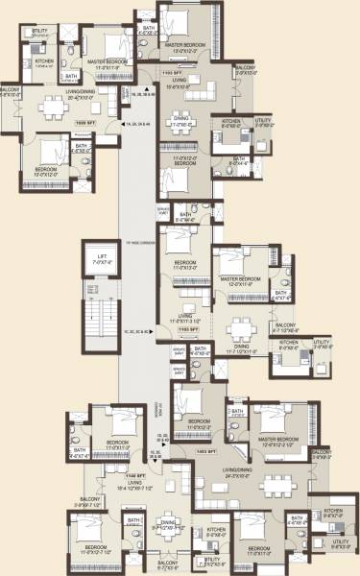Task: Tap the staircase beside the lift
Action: click(x=96, y=331)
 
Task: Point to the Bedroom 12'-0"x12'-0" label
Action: click(x=43, y=173)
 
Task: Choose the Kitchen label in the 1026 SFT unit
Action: click(x=44, y=62)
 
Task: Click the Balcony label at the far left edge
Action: click(x=10, y=94)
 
